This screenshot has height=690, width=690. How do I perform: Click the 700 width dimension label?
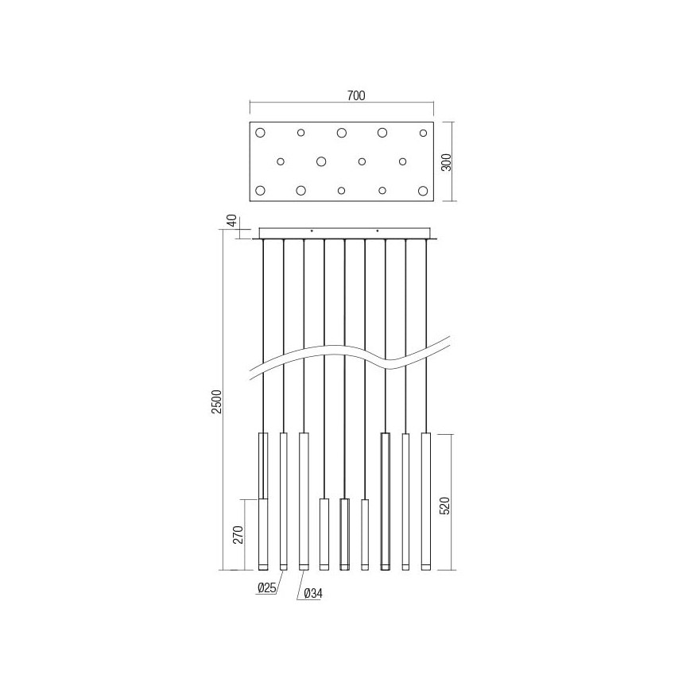[355, 96]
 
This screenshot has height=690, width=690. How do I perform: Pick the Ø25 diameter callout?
[266, 589]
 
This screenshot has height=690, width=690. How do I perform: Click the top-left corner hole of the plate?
[260, 133]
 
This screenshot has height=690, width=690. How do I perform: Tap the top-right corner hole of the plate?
[423, 133]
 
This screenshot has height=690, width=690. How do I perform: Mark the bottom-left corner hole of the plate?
[260, 191]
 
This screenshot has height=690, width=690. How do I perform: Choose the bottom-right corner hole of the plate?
[423, 191]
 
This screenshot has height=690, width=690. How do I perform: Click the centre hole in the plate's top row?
[342, 133]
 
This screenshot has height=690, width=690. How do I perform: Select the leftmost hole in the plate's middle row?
[281, 161]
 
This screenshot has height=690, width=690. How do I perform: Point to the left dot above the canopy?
[312, 231]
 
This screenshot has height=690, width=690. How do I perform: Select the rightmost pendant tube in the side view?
[426, 501]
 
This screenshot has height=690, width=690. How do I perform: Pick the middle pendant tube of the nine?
[344, 533]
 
